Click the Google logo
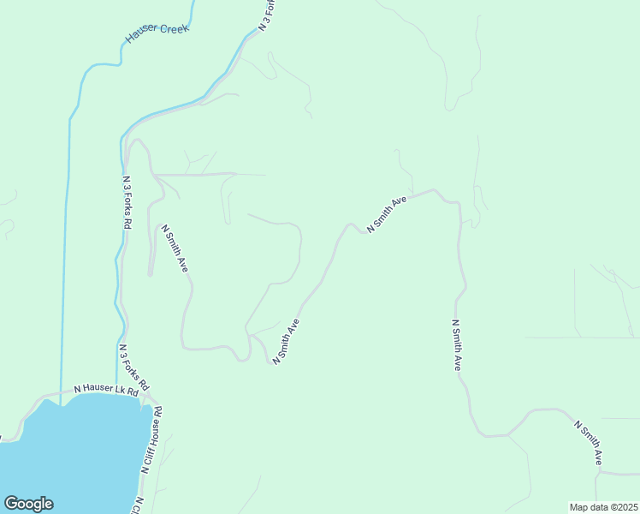[28, 504]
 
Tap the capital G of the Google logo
[10, 504]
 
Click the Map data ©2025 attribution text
[602, 507]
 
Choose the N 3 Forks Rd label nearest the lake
[135, 368]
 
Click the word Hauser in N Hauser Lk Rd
[98, 389]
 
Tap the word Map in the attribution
[578, 507]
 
